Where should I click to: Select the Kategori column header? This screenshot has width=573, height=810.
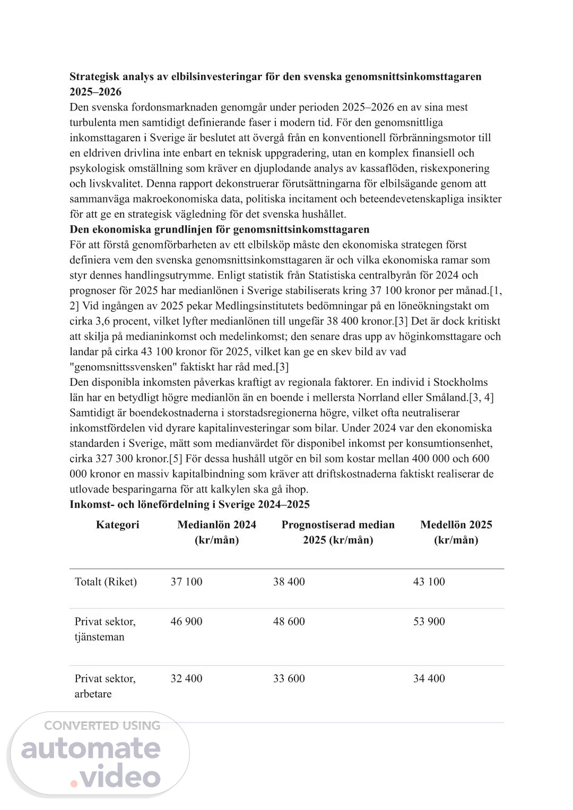point(118,525)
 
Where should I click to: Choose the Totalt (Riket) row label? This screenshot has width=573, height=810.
point(106,582)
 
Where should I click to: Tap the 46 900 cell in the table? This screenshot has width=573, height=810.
point(186,622)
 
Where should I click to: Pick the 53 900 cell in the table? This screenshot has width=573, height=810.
point(429,622)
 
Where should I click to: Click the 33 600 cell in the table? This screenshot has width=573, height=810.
point(289,679)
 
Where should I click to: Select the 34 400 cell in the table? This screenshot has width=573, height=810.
point(429,679)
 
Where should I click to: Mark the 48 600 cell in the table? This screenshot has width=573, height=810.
point(289,622)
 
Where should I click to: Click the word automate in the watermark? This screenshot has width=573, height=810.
point(91,748)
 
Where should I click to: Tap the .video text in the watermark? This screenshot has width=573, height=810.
point(116,777)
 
